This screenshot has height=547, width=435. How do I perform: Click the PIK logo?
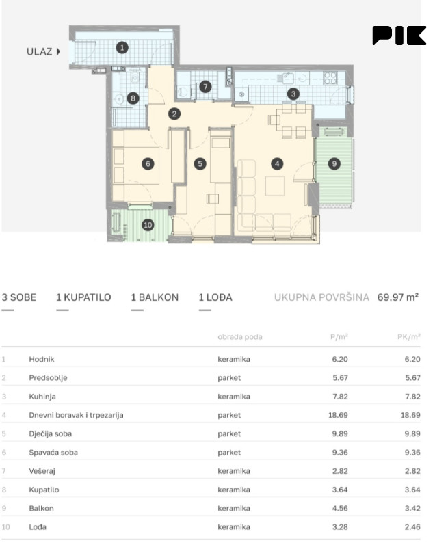[x=399, y=36]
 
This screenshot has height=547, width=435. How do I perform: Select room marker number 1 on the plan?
[x=122, y=47]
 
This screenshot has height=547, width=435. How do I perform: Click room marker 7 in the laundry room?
[x=205, y=87]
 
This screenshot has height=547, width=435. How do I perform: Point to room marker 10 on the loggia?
[x=148, y=225]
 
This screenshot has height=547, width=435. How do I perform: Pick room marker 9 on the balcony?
[x=334, y=163]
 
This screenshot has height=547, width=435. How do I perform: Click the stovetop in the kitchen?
[x=330, y=78]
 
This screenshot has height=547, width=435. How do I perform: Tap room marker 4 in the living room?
[x=277, y=163]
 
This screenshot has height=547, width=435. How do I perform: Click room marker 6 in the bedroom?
[x=148, y=163]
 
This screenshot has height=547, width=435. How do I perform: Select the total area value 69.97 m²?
[x=398, y=297]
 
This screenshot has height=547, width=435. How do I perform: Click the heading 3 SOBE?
[x=19, y=297]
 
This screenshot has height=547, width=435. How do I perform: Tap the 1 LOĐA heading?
[x=215, y=297]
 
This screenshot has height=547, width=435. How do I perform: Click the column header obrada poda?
[x=240, y=337]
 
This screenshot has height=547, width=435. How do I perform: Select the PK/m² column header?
[x=409, y=336]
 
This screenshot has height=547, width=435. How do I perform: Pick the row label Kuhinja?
[x=42, y=397]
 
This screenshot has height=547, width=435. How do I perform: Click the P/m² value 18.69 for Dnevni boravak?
[x=338, y=415]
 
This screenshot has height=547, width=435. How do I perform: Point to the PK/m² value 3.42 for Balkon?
[x=412, y=508]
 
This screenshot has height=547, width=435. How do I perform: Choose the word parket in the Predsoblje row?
[x=229, y=378]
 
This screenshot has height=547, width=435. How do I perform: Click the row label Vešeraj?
[x=42, y=471]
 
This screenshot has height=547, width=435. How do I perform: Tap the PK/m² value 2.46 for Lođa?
[x=412, y=527]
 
